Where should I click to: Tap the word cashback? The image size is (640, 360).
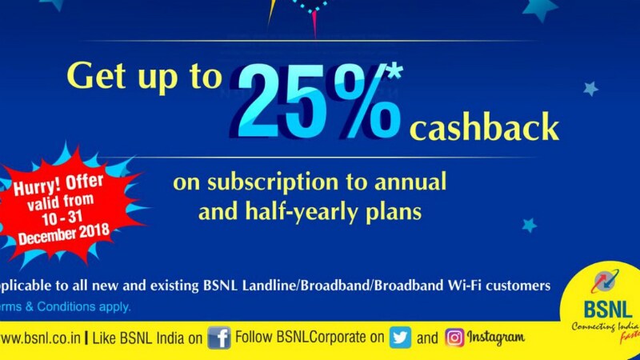pyautogui.click(x=484, y=128)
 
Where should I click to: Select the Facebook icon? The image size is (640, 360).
pyautogui.click(x=219, y=338)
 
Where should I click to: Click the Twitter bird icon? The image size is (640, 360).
pyautogui.click(x=401, y=338)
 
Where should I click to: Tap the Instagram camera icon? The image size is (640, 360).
pyautogui.click(x=454, y=338)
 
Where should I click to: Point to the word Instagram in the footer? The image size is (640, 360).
pyautogui.click(x=495, y=338)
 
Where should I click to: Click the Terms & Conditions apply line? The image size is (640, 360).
pyautogui.click(x=64, y=306)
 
